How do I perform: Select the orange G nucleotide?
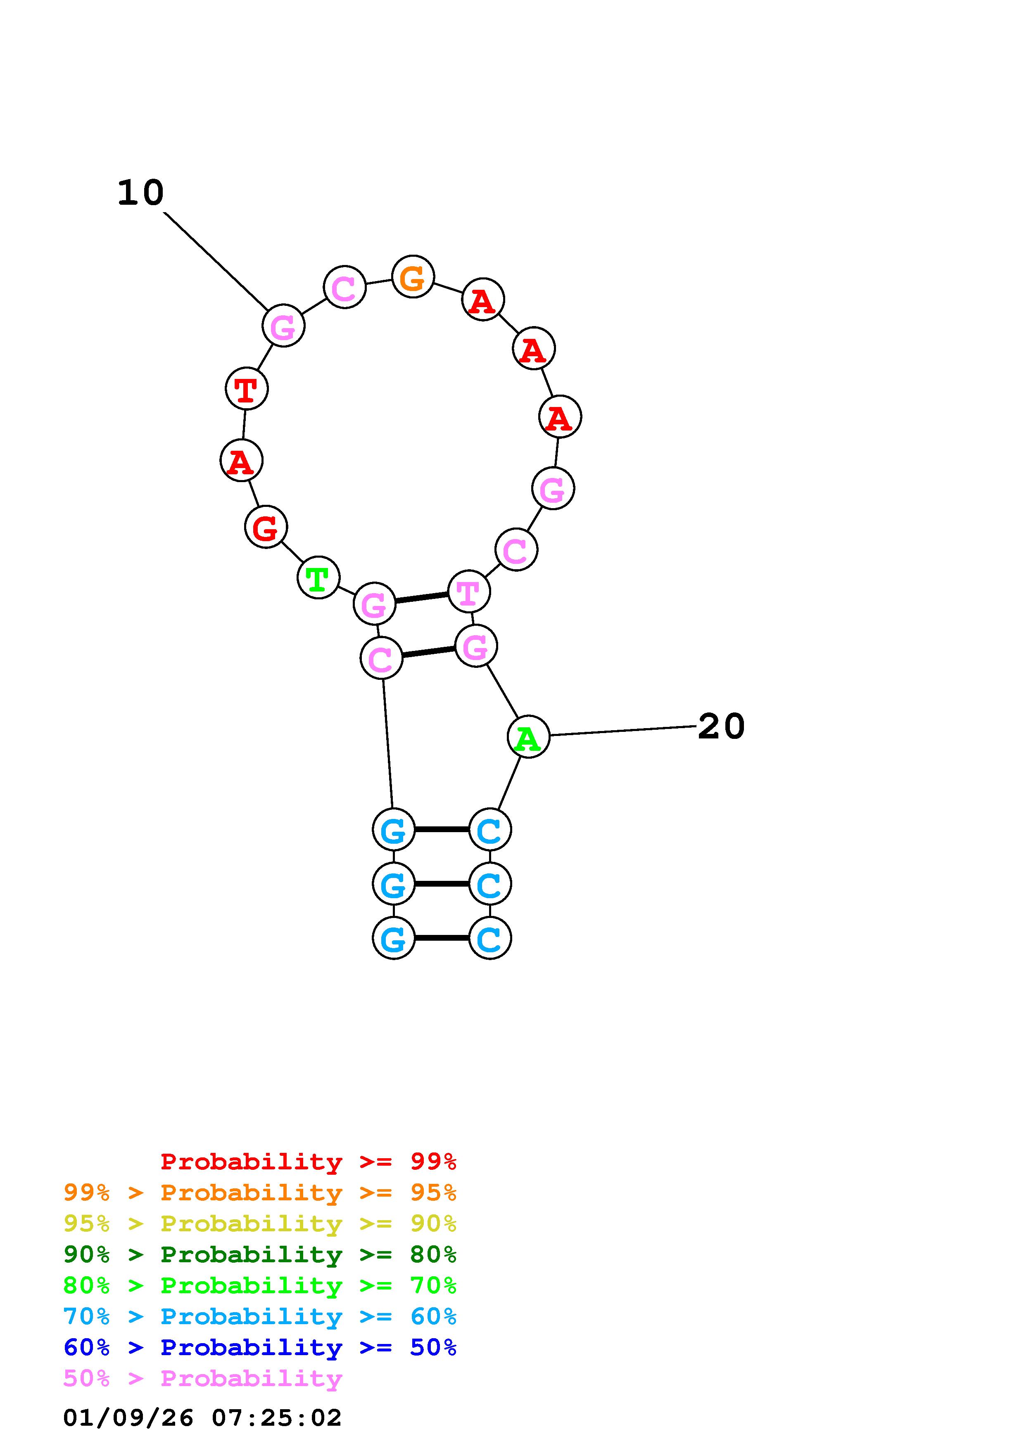(x=413, y=277)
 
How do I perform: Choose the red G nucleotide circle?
(x=266, y=527)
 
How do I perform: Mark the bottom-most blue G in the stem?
(x=394, y=938)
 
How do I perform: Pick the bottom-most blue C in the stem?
(x=489, y=938)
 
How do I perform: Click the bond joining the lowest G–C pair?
(x=442, y=938)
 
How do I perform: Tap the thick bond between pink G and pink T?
(x=421, y=598)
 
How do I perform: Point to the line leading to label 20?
(x=623, y=731)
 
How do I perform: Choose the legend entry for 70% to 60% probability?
(x=259, y=1317)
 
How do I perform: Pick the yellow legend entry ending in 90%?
(x=259, y=1223)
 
